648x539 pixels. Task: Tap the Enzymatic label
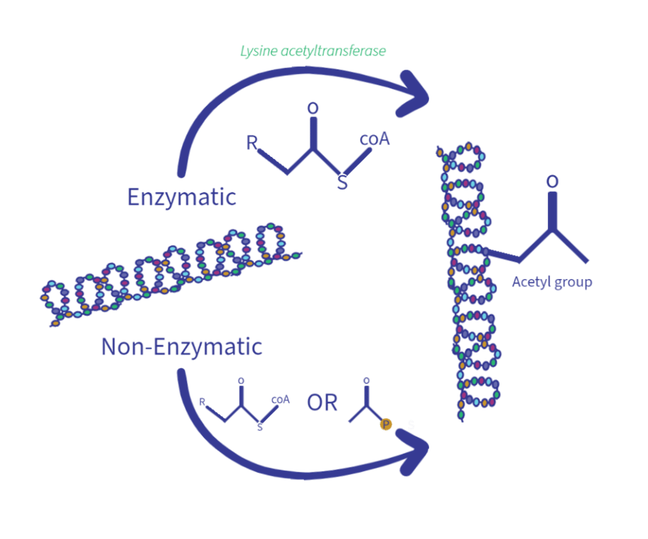(181, 197)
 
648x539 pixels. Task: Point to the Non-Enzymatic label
(182, 347)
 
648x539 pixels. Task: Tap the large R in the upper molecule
(252, 142)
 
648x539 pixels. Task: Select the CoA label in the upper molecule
(374, 140)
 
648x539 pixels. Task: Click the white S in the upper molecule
(342, 183)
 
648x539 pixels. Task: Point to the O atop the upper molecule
(312, 108)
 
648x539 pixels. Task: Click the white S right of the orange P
(411, 425)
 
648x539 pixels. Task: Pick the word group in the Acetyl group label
(573, 283)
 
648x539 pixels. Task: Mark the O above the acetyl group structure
(552, 181)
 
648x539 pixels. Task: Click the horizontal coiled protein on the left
(171, 273)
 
